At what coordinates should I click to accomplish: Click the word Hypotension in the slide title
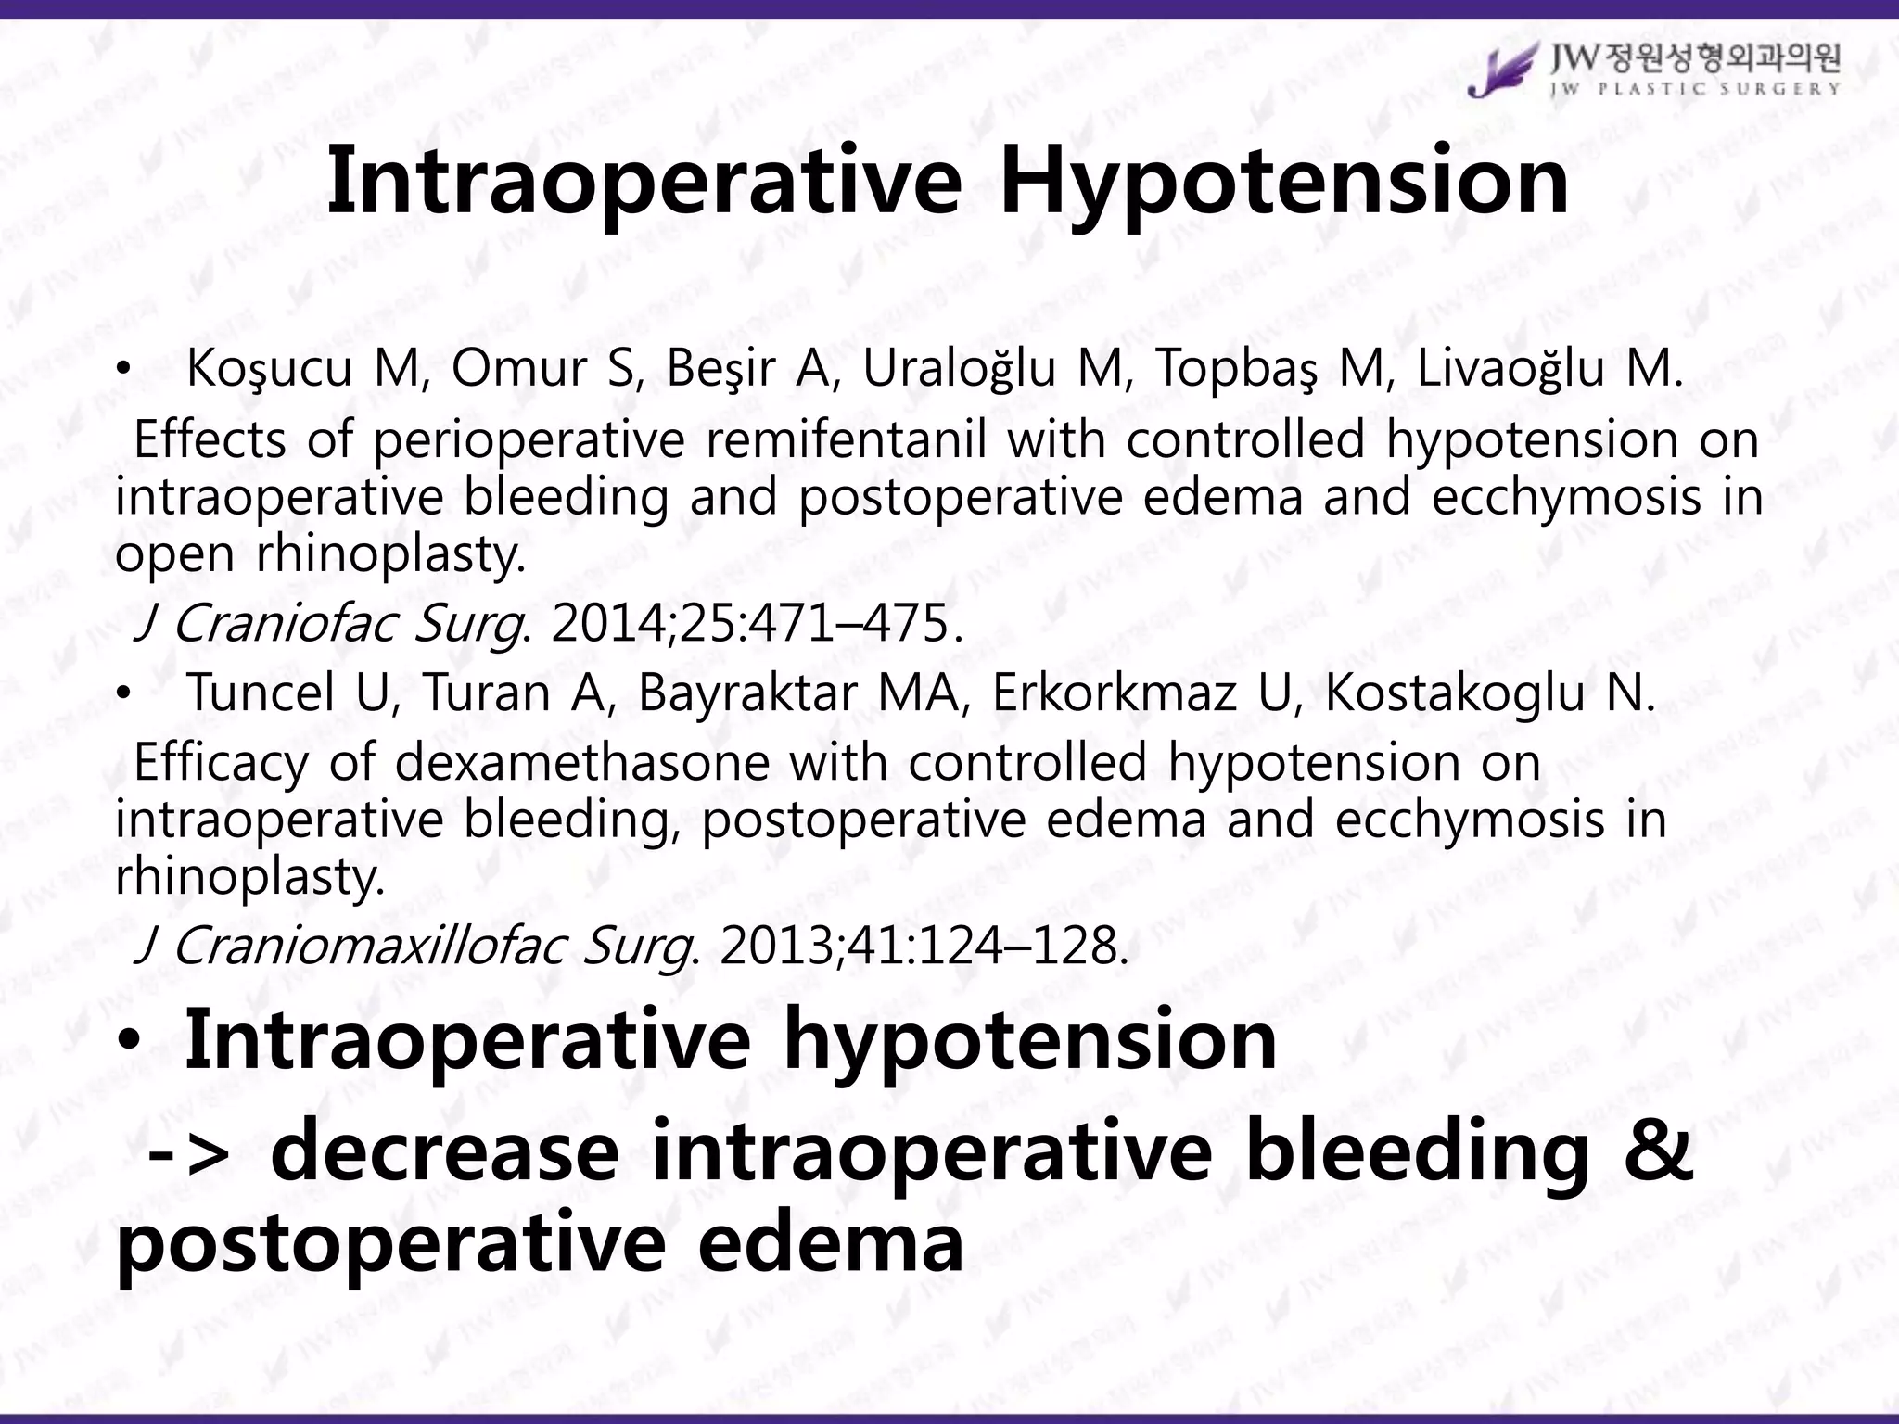(x=1284, y=182)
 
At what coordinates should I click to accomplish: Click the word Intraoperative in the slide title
(x=644, y=182)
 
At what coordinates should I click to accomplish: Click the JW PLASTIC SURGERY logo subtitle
(x=1696, y=90)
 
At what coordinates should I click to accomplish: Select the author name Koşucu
(x=269, y=369)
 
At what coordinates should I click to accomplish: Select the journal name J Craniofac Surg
(x=329, y=624)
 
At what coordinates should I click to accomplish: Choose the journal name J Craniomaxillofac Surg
(x=413, y=947)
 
